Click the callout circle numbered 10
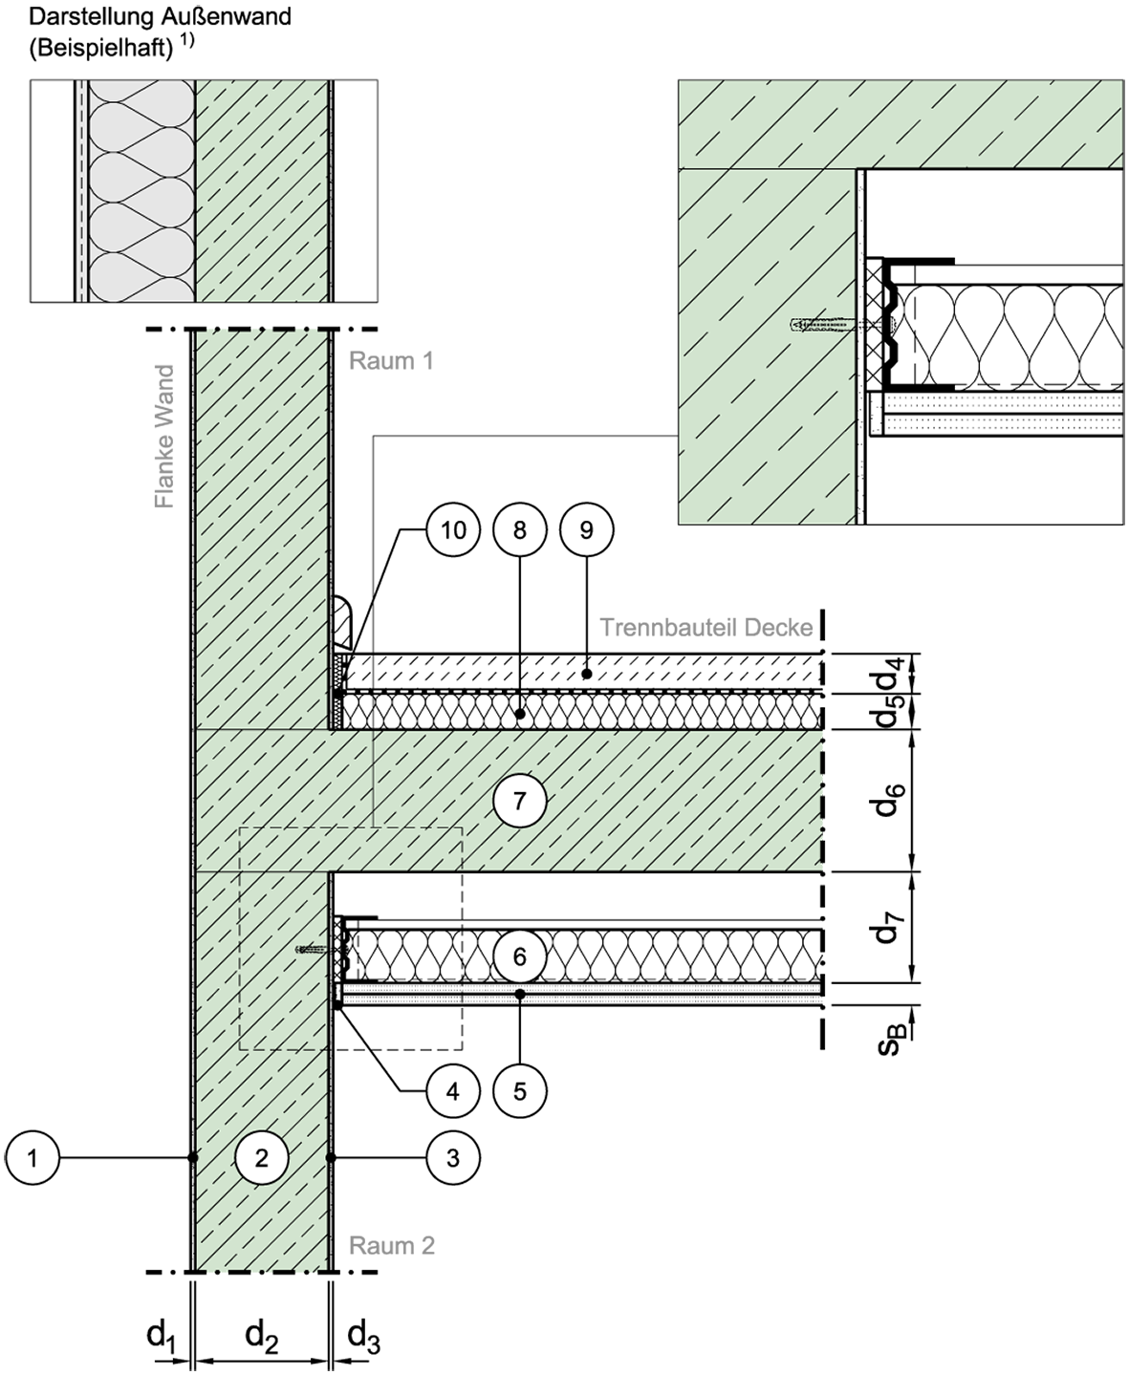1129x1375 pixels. [453, 530]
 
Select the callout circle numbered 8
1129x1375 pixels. [520, 530]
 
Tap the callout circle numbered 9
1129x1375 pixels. [586, 530]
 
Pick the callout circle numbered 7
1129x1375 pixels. [520, 801]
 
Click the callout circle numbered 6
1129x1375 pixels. [520, 956]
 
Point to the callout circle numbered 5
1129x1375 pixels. [520, 1091]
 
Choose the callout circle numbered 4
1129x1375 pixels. [453, 1091]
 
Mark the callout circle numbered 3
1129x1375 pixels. [453, 1158]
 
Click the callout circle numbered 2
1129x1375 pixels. [262, 1158]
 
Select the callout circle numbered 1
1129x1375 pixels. [33, 1158]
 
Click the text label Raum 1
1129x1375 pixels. [391, 360]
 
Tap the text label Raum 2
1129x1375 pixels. [391, 1246]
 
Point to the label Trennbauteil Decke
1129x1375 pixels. [706, 627]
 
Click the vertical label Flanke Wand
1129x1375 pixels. [164, 436]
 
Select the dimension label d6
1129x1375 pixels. [890, 800]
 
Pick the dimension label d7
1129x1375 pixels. [890, 927]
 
